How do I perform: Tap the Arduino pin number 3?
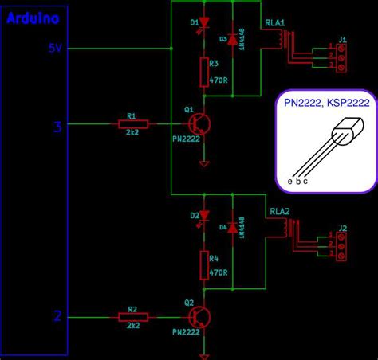click(57, 126)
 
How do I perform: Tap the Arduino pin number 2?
click(57, 316)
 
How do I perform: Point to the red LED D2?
click(205, 215)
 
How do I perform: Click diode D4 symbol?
click(232, 228)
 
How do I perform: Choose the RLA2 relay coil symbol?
click(285, 229)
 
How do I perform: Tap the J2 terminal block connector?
click(341, 246)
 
